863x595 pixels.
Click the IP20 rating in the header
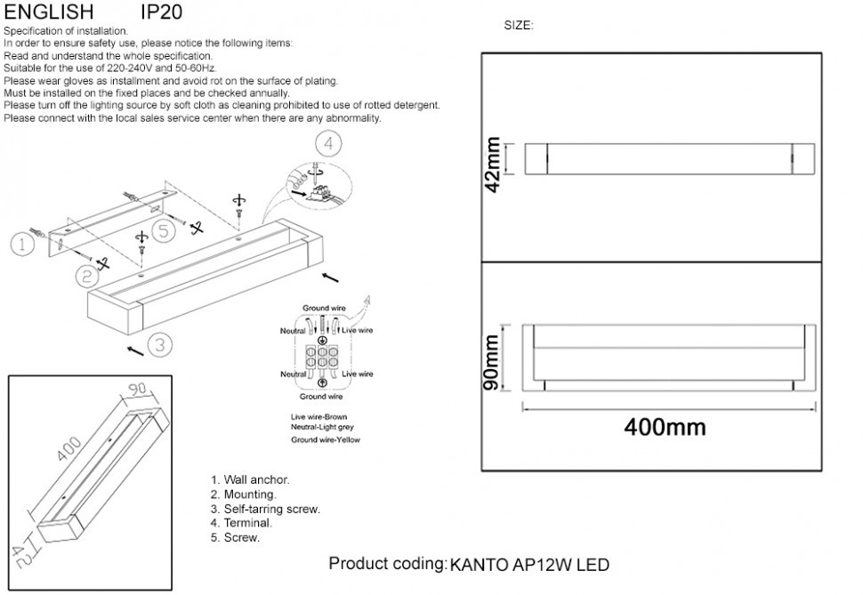162,12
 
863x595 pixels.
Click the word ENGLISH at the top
49,12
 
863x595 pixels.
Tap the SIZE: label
518,26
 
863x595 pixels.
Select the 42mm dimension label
494,161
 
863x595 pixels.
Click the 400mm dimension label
665,427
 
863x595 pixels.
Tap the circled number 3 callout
158,344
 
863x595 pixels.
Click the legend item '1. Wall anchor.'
250,480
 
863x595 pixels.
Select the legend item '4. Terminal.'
241,524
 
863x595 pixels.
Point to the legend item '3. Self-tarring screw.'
265,510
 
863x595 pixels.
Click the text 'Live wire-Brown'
319,416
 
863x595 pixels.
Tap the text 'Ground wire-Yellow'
326,439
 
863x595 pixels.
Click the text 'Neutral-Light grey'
322,428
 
